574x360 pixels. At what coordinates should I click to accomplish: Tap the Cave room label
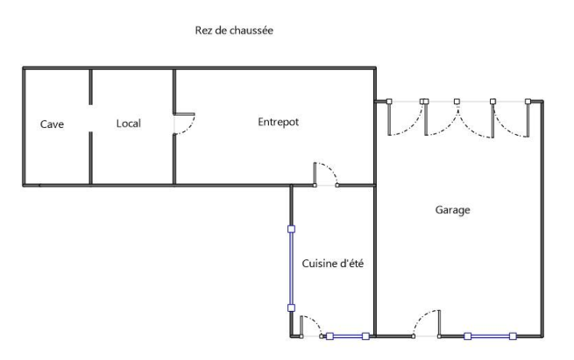click(52, 124)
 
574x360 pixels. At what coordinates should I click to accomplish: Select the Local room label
click(129, 124)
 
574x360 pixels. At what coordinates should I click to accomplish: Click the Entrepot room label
click(279, 123)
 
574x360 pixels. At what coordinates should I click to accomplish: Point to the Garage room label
click(453, 210)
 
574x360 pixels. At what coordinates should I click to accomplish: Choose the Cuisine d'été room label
click(334, 265)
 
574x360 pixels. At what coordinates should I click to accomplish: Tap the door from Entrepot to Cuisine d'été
click(325, 173)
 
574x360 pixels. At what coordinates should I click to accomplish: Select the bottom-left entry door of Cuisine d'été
click(310, 327)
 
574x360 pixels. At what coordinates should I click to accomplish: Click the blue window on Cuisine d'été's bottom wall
click(348, 336)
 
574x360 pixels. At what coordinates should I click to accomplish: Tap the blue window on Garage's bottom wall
click(490, 336)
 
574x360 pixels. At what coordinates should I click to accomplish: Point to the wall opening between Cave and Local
click(91, 124)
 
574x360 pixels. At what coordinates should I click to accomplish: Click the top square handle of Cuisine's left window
click(292, 229)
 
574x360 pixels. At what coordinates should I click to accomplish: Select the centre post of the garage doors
click(457, 102)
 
